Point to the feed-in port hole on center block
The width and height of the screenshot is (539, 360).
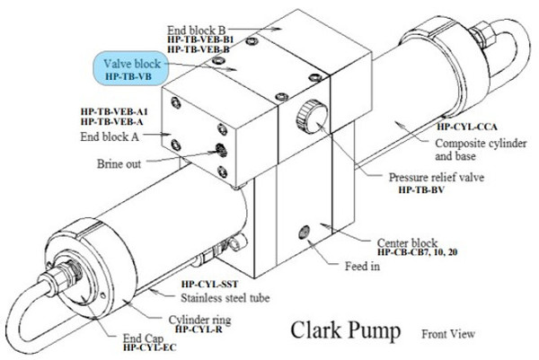(x=306, y=232)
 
